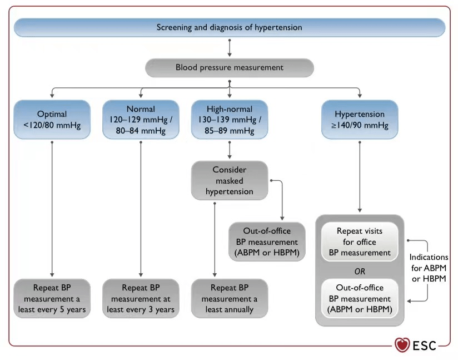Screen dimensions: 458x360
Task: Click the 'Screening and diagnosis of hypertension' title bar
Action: tap(230, 27)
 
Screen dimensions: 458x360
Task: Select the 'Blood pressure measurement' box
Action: tap(230, 67)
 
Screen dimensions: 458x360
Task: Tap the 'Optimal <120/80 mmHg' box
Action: tap(52, 120)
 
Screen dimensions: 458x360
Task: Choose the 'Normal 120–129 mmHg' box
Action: tap(141, 120)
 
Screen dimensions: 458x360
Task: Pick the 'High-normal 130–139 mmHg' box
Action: tap(230, 120)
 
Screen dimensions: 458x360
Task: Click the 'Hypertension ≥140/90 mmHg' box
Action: tap(360, 120)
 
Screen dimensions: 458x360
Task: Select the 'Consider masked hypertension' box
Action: tap(230, 180)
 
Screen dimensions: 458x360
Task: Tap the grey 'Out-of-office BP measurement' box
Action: tap(267, 241)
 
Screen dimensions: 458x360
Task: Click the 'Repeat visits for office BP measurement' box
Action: tap(360, 241)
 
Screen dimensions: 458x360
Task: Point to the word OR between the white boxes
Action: tap(360, 272)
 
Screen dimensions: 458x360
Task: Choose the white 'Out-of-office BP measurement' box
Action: tap(360, 298)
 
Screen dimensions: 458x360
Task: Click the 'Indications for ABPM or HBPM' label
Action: tap(429, 268)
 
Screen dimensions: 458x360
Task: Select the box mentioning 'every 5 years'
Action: tap(52, 298)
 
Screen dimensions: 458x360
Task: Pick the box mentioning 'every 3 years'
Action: tap(141, 298)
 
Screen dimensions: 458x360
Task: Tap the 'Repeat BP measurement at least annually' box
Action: tap(230, 298)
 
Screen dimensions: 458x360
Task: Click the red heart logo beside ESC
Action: tap(402, 345)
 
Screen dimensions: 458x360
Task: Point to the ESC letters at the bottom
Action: tap(425, 346)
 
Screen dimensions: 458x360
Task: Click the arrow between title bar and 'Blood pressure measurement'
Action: tap(230, 48)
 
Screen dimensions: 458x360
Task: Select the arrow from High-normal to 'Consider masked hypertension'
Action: tap(230, 150)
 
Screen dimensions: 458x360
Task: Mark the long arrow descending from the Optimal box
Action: tap(52, 209)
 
